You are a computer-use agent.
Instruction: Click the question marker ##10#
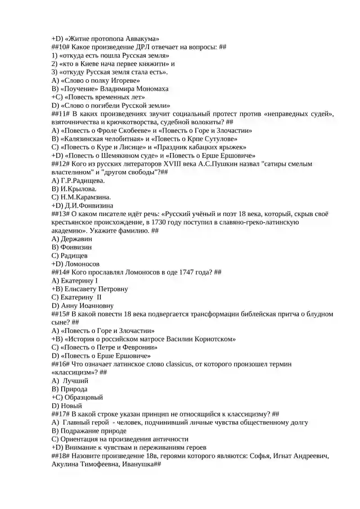click(x=61, y=47)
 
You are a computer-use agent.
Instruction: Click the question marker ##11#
click(x=61, y=114)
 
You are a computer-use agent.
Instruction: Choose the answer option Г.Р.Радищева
click(x=78, y=180)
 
